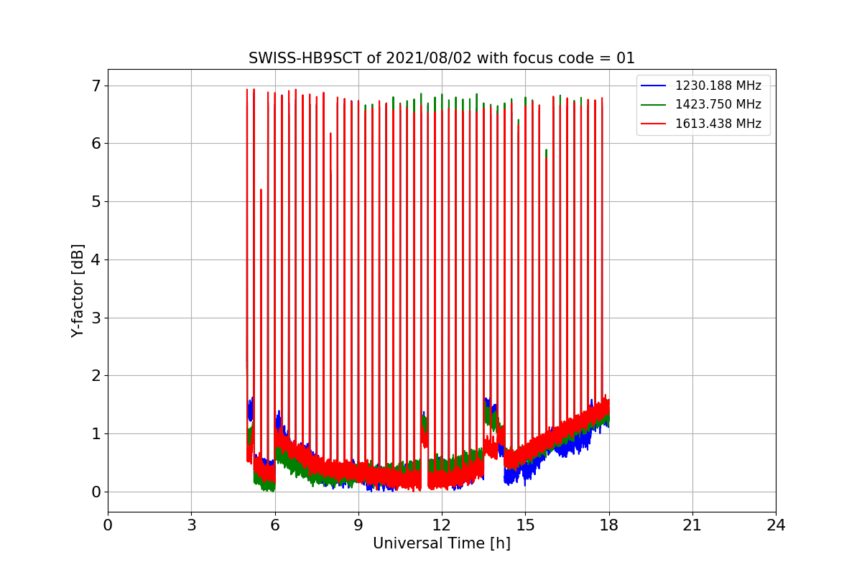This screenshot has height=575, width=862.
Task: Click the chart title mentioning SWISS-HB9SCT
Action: click(x=442, y=58)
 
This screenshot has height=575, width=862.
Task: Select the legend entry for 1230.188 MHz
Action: click(x=718, y=86)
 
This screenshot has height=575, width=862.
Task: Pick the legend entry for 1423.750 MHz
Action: click(x=718, y=104)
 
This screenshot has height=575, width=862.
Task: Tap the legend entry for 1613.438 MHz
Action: click(x=718, y=124)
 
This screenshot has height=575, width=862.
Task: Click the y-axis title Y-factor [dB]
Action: click(x=78, y=290)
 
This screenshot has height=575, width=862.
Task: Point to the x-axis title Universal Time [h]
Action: click(x=441, y=543)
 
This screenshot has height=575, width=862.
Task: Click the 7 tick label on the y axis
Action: click(x=95, y=86)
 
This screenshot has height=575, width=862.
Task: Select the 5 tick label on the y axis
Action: click(x=95, y=202)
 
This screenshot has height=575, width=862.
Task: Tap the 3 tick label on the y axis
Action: click(x=95, y=318)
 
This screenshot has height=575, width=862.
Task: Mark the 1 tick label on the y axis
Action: click(x=95, y=434)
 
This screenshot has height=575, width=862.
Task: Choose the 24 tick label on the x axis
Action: click(x=776, y=525)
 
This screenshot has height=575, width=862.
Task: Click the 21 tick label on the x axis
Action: click(x=692, y=525)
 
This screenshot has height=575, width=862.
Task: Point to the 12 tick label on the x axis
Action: click(x=442, y=525)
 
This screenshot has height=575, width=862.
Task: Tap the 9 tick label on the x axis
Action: click(x=358, y=525)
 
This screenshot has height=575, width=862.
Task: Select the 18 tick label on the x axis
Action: click(x=609, y=525)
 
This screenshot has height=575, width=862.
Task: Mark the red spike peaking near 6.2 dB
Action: click(x=330, y=134)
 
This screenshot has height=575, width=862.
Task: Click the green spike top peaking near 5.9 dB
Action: click(x=547, y=151)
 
